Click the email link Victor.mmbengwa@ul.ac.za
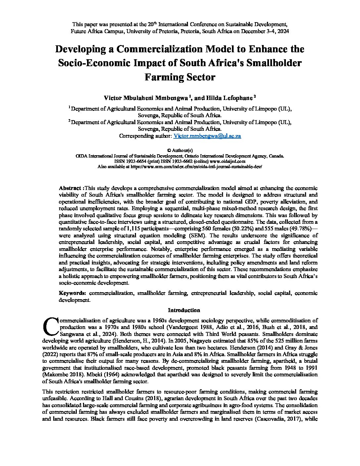(x=207, y=136)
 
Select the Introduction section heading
(x=184, y=310)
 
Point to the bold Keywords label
(x=72, y=293)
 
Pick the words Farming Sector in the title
(x=180, y=77)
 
